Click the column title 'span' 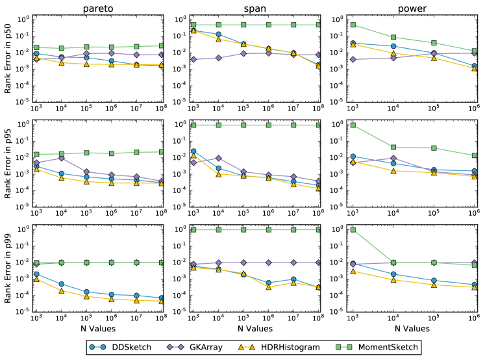(256, 8)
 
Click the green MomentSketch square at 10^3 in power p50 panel (353, 25)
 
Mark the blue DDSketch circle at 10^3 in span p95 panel (193, 151)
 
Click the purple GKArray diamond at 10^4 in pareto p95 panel (61, 158)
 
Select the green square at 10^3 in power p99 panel (353, 229)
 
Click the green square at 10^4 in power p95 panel (393, 147)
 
